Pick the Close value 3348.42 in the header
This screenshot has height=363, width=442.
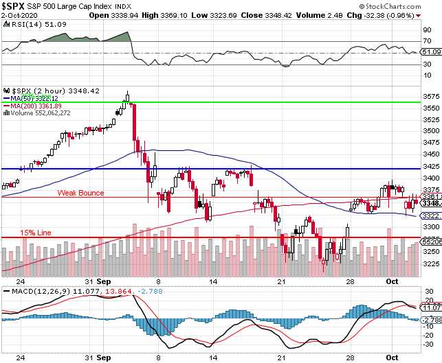[x=293, y=14]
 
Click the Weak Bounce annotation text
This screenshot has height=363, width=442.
[x=80, y=193]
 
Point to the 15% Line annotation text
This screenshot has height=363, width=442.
[x=36, y=233]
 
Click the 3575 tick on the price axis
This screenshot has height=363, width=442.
[x=430, y=96]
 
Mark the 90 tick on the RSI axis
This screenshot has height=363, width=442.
[x=427, y=30]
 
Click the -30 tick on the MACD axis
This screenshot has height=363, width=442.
[x=428, y=342]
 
